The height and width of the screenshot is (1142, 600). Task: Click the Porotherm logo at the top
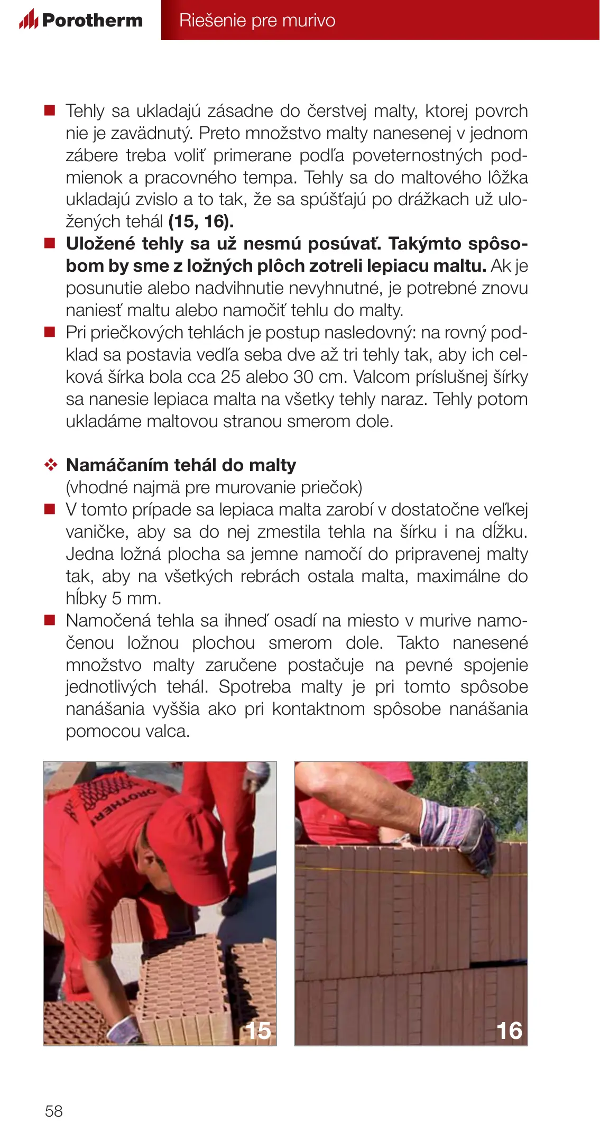[x=81, y=20]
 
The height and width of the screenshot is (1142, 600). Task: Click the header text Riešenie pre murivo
[x=257, y=21]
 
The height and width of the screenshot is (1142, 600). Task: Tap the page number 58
[x=54, y=1111]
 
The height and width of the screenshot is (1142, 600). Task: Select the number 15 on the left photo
[x=258, y=1030]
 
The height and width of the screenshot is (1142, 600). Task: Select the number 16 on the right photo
[x=509, y=1030]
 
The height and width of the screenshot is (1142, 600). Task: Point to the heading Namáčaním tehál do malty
[x=181, y=465]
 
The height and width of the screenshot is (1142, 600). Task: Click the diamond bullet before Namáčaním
[x=51, y=465]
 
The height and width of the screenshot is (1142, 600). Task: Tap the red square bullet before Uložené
[x=50, y=244]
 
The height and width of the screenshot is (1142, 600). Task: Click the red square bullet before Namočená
[x=50, y=620]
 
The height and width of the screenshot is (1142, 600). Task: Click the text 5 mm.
[x=137, y=598]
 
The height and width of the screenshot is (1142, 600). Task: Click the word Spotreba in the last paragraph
[x=254, y=687]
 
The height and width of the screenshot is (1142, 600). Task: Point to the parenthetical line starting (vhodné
[x=214, y=487]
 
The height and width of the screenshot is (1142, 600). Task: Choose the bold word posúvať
[x=344, y=244]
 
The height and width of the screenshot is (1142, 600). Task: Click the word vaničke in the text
[x=97, y=532]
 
